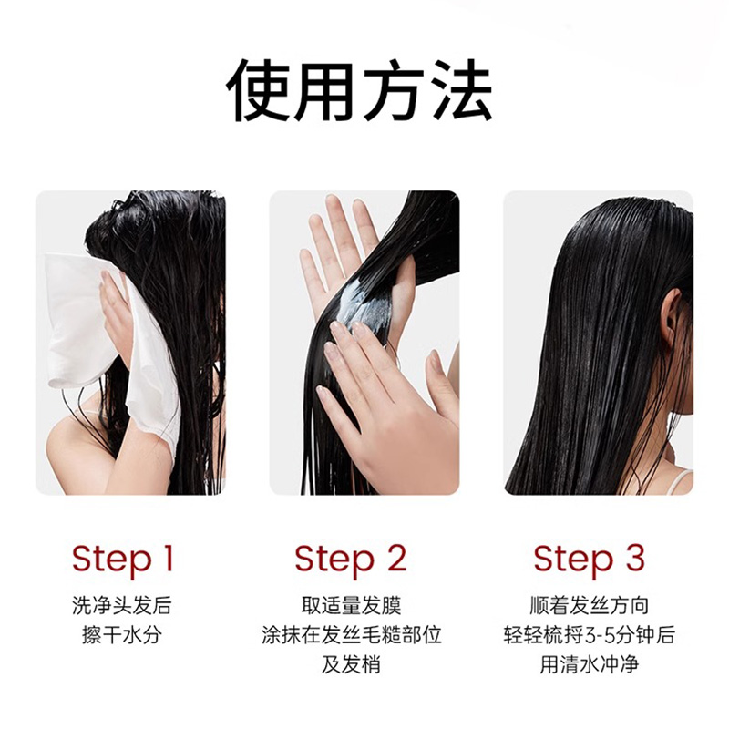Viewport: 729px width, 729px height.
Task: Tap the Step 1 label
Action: point(122,558)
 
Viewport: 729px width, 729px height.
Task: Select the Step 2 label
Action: point(350,558)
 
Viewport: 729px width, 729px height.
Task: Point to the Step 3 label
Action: point(589,558)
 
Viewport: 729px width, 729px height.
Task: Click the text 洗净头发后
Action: point(122,605)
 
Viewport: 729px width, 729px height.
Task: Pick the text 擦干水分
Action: point(122,634)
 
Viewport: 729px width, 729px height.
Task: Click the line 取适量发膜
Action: point(351,605)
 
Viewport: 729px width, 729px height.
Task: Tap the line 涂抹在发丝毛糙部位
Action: point(351,634)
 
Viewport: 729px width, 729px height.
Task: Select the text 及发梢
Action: point(351,663)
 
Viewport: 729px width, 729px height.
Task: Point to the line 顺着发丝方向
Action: point(590,605)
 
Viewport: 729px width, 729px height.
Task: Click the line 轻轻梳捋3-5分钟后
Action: point(590,634)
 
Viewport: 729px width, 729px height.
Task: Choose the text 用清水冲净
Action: point(590,663)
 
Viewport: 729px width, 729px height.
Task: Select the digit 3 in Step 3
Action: point(634,558)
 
